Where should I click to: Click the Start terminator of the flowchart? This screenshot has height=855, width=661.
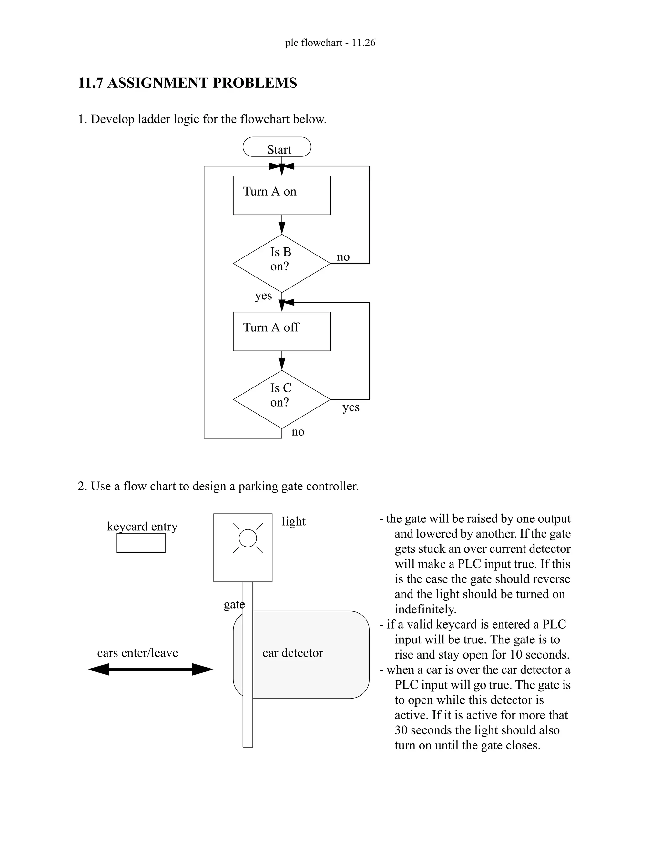click(277, 147)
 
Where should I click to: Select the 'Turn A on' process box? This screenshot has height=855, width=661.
click(281, 195)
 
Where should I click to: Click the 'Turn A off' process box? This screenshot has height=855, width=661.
click(281, 331)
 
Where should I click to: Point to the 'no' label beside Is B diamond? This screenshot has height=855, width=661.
click(343, 257)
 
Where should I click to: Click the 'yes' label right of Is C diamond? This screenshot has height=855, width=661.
click(351, 407)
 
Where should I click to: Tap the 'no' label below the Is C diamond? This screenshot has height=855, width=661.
click(298, 432)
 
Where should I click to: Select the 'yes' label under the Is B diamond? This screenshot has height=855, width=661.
click(263, 296)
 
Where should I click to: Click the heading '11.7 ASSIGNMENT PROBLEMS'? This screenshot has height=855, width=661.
click(188, 83)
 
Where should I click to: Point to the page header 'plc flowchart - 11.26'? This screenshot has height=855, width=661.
click(330, 43)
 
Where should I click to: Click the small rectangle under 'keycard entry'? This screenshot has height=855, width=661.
click(141, 543)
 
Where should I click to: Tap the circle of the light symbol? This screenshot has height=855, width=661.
click(248, 538)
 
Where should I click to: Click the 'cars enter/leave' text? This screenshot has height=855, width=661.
click(137, 653)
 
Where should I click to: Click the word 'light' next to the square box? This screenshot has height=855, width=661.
click(293, 521)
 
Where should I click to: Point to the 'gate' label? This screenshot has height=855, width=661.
click(234, 604)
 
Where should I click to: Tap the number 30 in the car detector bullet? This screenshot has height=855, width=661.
click(401, 730)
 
